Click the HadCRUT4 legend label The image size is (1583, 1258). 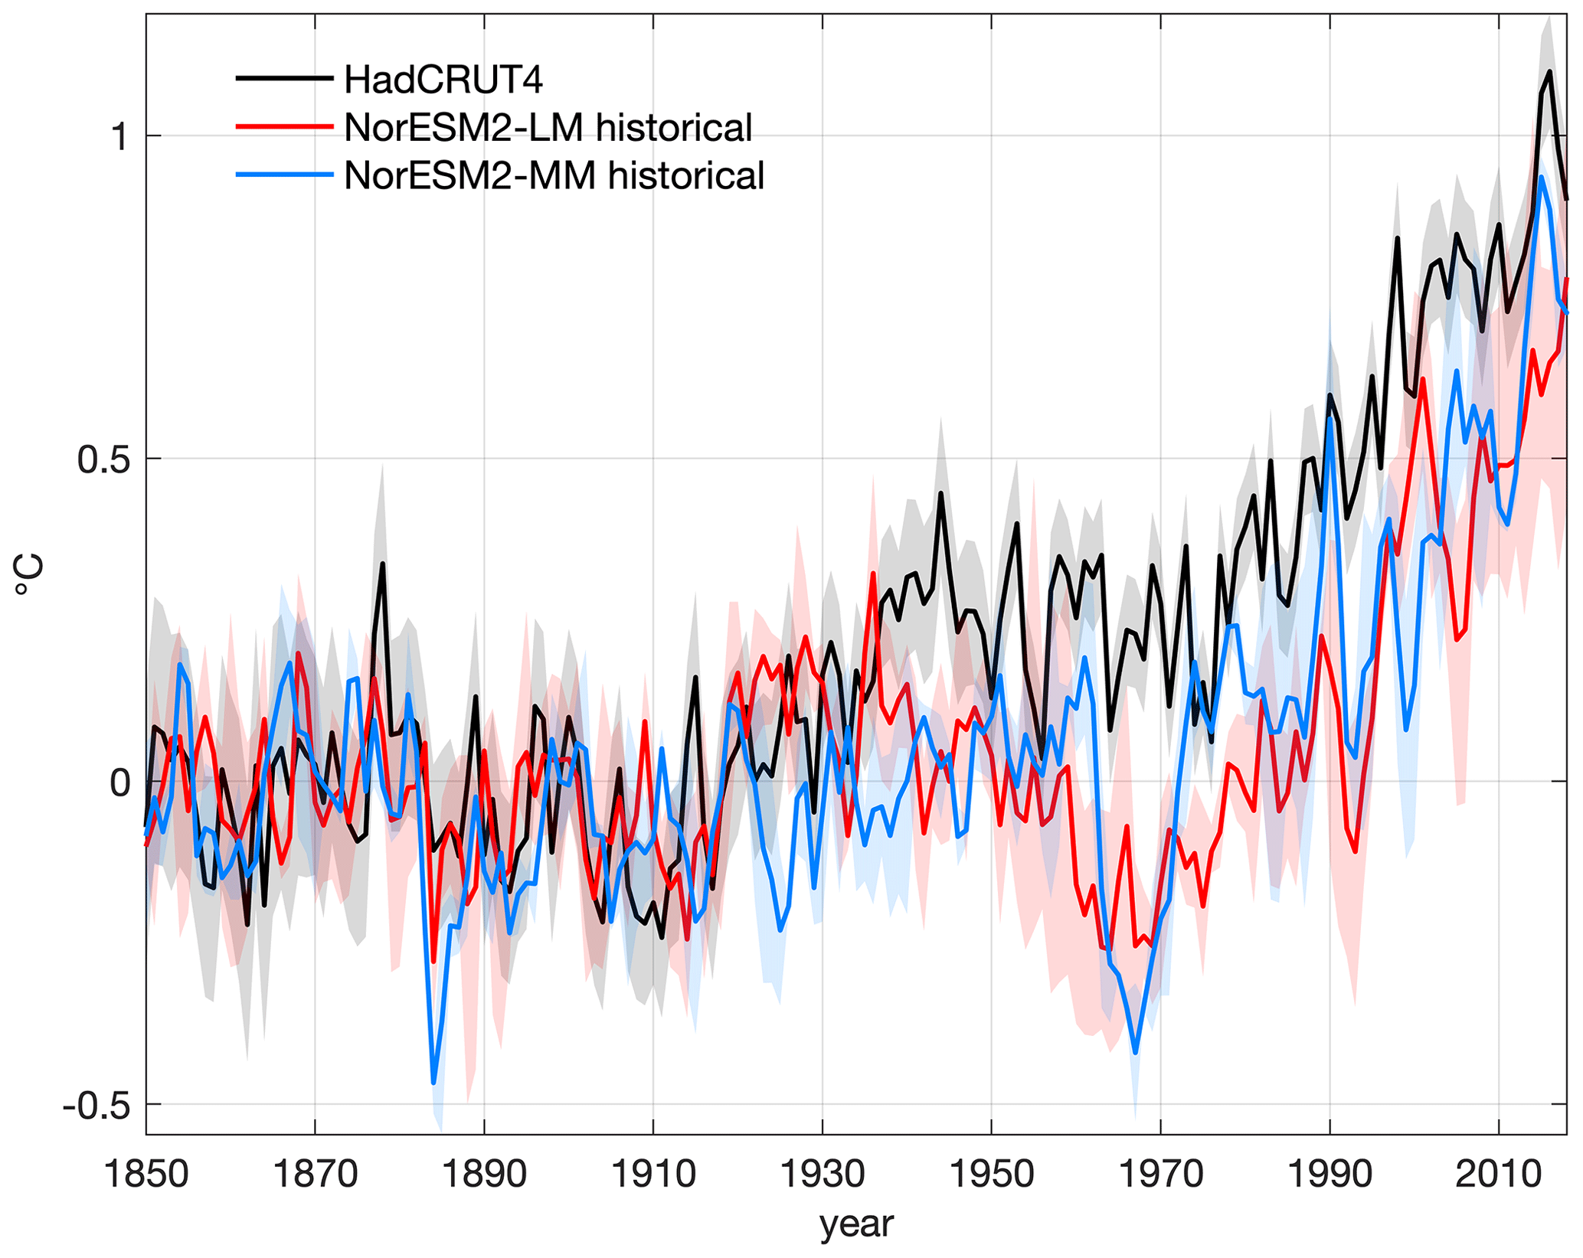pos(443,80)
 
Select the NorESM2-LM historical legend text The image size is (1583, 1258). pos(548,128)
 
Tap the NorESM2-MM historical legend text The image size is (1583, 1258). pos(554,176)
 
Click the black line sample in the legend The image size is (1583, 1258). pos(284,79)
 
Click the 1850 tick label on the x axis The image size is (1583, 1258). pos(146,1174)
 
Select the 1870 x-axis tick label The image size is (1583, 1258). pos(315,1174)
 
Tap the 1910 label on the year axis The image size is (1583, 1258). pos(653,1174)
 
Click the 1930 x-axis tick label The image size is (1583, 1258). pos(823,1174)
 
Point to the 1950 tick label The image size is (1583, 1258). pos(992,1174)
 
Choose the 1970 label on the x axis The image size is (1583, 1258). pos(1161,1174)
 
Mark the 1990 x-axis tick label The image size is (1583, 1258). pos(1330,1174)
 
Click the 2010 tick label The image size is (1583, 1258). pos(1499,1174)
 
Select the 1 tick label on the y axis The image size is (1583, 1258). pos(119,137)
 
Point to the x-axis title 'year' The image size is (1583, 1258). pos(856,1224)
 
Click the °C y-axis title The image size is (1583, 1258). pos(29,576)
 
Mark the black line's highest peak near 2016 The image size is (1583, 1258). pos(1550,72)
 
